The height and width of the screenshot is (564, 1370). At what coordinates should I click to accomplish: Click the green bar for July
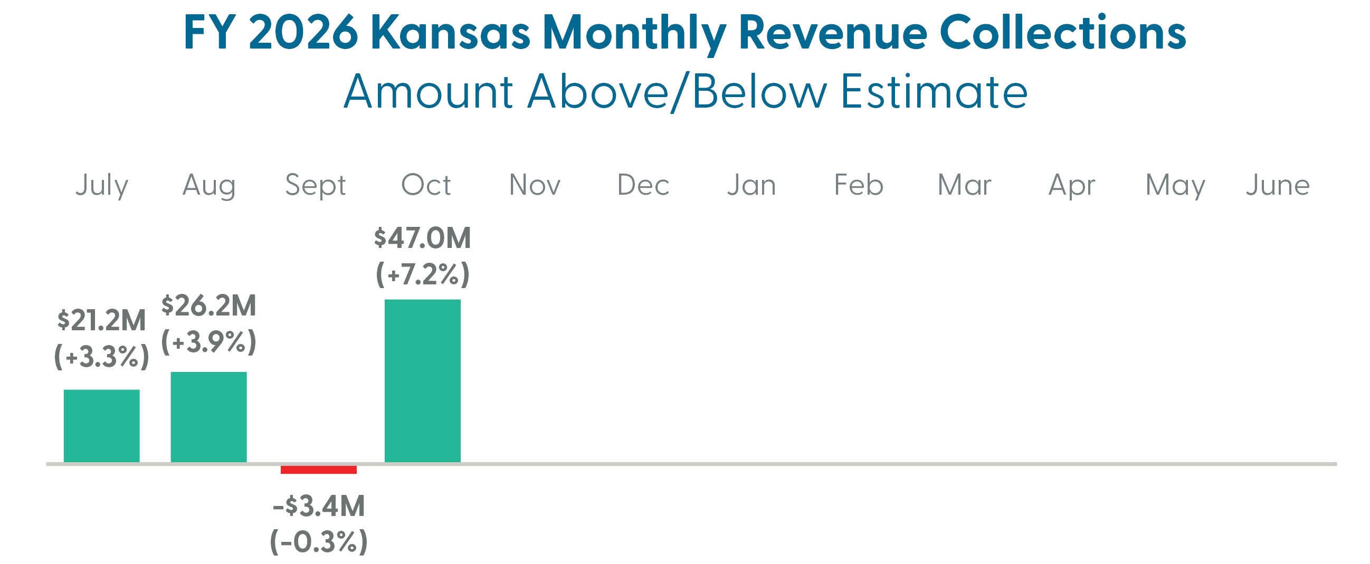point(101,426)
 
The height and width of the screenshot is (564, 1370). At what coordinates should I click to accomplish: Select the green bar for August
point(208,417)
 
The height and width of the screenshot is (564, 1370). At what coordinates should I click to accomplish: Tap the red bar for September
point(319,470)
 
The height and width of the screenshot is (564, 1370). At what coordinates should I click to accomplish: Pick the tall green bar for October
point(422,380)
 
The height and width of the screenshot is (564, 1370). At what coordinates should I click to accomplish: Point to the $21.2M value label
point(101,321)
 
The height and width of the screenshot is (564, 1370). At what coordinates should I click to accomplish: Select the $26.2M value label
point(208,305)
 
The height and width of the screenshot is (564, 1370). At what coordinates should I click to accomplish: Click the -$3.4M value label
point(319,505)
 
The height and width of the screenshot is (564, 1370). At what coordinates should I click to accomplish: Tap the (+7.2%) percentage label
point(422,274)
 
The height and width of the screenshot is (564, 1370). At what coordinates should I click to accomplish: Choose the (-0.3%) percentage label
point(319,542)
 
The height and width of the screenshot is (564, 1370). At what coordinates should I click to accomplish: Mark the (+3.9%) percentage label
point(208,342)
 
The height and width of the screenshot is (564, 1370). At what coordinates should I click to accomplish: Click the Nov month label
point(535,185)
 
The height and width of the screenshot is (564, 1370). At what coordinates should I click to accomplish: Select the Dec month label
point(643,185)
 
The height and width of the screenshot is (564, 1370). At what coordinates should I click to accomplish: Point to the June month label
point(1278,185)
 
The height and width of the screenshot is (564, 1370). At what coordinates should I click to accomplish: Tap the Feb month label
point(859,185)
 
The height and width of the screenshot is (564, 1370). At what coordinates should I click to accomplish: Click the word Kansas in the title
point(454,33)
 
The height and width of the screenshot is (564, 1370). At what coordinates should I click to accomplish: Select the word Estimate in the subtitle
point(934,91)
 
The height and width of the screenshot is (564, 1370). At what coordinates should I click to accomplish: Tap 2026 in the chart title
point(303,33)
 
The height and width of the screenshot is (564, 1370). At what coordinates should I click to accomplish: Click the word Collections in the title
point(1063,33)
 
